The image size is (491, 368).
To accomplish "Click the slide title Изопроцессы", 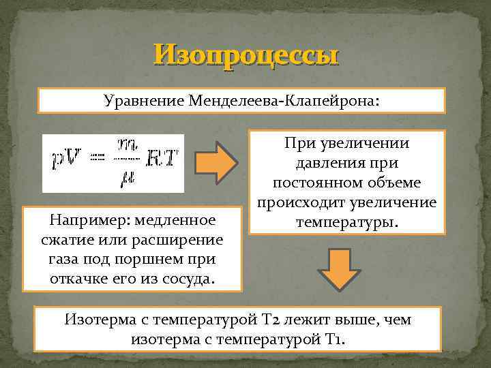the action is click(x=245, y=55).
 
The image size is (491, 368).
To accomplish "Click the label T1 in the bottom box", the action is click(x=337, y=338).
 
